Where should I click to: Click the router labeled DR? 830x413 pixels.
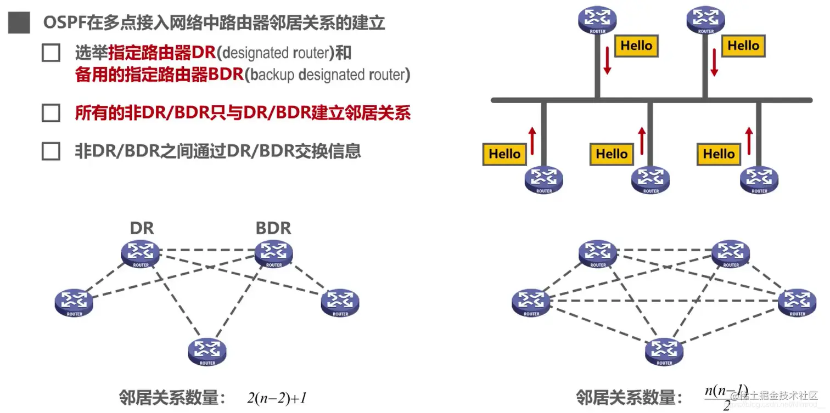click(141, 254)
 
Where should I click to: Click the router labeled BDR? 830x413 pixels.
click(273, 254)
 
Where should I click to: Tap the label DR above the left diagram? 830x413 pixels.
click(142, 228)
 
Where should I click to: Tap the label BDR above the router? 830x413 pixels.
click(273, 228)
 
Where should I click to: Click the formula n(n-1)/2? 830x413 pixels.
click(726, 397)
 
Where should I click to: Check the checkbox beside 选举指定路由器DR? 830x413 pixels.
click(51, 53)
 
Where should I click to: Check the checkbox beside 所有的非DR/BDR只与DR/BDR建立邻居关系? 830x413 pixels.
click(51, 113)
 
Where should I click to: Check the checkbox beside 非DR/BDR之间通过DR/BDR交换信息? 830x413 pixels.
click(51, 151)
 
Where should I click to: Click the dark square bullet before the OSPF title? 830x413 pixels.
click(19, 23)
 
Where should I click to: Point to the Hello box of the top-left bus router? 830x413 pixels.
click(636, 46)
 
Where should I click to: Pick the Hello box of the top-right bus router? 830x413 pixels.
click(743, 46)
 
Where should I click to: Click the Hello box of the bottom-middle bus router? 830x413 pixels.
click(611, 154)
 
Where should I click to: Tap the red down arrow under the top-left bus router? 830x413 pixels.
click(607, 60)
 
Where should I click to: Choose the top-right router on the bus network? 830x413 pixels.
click(706, 20)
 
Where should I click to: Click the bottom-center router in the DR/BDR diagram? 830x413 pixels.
click(207, 351)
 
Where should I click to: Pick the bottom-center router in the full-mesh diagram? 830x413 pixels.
click(664, 352)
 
